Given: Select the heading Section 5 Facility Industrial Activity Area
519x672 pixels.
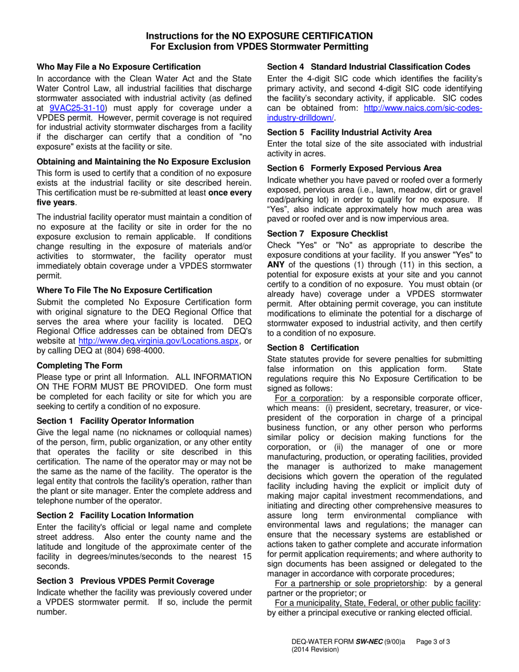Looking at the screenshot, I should (349, 132).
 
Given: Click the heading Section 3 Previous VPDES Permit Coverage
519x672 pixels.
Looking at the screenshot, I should (125, 580).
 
